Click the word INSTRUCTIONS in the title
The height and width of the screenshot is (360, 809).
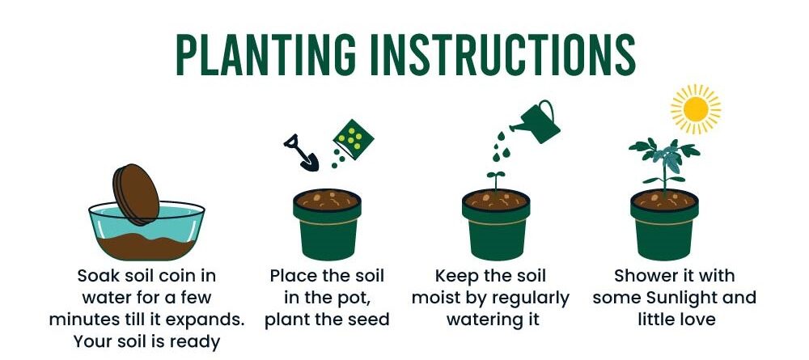click(x=504, y=55)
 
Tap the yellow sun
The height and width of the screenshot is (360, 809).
click(x=696, y=109)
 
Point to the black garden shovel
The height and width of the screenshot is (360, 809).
click(x=301, y=153)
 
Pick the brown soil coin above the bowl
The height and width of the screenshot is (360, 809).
click(x=137, y=194)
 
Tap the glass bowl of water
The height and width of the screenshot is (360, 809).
click(x=146, y=230)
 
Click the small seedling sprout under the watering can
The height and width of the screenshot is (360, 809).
click(x=495, y=181)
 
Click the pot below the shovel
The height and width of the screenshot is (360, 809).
click(x=327, y=224)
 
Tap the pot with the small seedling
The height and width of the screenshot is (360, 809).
click(x=496, y=224)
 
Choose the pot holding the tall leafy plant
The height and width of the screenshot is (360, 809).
click(x=664, y=224)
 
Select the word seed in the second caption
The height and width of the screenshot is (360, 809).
click(x=369, y=320)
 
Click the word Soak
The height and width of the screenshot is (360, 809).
click(x=97, y=276)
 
